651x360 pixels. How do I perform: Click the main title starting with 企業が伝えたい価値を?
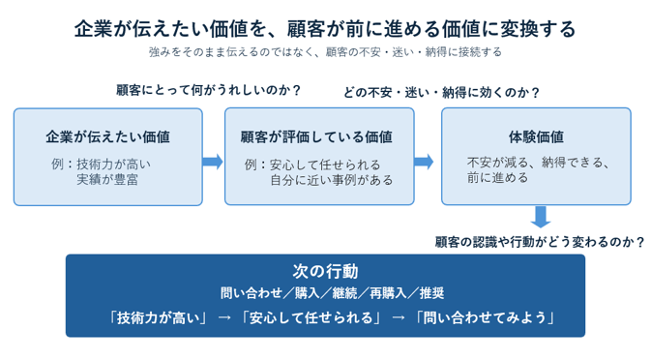[325, 29]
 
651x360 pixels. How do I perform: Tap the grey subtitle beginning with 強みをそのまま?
[325, 52]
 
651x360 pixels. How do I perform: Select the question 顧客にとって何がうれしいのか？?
[208, 90]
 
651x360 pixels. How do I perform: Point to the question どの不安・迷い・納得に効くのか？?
[441, 92]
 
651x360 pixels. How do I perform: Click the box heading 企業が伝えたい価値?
[108, 136]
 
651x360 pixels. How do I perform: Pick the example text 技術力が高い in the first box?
[113, 164]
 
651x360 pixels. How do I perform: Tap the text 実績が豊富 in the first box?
[107, 179]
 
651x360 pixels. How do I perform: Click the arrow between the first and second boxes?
[213, 162]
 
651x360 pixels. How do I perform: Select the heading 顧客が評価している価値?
[316, 136]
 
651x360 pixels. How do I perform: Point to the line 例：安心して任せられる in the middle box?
[312, 165]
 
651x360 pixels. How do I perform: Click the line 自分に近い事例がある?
[332, 180]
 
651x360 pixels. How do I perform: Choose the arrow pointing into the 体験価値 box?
[424, 162]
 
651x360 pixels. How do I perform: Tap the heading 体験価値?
[536, 136]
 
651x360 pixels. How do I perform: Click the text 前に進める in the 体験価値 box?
[497, 177]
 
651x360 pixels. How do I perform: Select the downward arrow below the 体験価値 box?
[541, 217]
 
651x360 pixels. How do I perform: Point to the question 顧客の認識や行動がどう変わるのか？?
[540, 242]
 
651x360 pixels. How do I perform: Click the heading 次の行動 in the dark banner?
[325, 271]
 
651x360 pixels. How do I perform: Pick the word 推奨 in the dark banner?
[431, 293]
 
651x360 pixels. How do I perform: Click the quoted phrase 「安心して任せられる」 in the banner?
[311, 317]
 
